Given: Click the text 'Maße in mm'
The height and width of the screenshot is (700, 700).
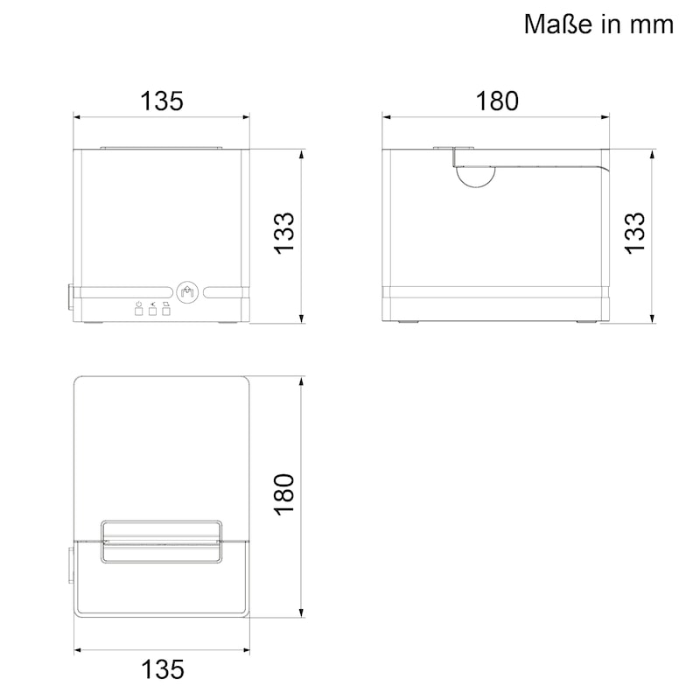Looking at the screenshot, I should pos(598,24).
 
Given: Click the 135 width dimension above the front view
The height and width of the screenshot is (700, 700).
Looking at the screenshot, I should pos(162,101).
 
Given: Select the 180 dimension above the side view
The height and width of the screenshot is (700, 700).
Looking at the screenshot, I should pos(497,101).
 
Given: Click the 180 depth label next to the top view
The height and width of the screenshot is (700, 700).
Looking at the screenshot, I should pos(286,494).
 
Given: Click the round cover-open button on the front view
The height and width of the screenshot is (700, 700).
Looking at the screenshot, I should pos(187,292).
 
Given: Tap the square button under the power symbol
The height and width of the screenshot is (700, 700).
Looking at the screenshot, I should pos(138,311).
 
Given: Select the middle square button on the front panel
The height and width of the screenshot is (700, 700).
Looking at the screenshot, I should pos(152,311).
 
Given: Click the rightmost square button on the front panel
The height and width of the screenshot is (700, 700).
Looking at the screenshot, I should pos(166,311).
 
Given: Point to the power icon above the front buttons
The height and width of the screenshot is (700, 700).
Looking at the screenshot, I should pos(138,303).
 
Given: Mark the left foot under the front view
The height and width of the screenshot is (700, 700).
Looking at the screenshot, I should pos(93,324).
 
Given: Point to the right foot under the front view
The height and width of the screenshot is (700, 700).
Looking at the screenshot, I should pos(229,324).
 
